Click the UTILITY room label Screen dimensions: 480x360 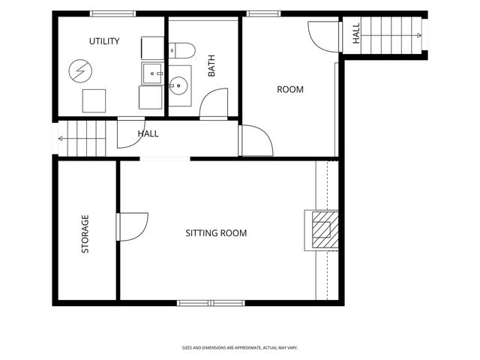[104, 41]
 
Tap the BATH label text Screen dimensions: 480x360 [211, 66]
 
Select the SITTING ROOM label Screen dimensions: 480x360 [216, 233]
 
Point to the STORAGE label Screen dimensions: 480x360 [85, 234]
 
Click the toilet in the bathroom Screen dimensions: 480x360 [181, 50]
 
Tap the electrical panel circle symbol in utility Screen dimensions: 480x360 [80, 71]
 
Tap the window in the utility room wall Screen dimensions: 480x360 [113, 13]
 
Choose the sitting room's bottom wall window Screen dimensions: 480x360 [211, 303]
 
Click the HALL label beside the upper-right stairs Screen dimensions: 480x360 [356, 34]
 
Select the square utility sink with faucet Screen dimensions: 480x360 [152, 73]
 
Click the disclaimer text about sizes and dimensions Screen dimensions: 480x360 [240, 348]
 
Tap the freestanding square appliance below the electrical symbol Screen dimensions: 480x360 [94, 101]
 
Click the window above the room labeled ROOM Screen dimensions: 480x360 [263, 13]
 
